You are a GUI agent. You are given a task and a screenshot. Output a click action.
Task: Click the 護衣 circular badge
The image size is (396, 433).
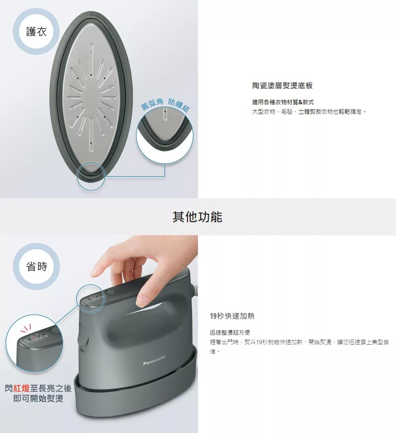[x=36, y=31]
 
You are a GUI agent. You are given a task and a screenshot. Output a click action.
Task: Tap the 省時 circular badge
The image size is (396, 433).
[x=36, y=266]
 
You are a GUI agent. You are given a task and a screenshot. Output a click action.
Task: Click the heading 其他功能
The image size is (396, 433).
[x=198, y=216]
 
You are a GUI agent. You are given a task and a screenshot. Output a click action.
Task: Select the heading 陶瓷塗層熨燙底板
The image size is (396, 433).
[x=282, y=86]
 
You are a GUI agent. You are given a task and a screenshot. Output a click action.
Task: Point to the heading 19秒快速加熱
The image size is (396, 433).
[x=232, y=316]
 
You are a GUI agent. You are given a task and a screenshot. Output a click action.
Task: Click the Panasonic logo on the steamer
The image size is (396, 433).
[x=154, y=360]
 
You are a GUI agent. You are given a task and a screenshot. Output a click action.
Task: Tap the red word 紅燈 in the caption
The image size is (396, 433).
[x=21, y=388]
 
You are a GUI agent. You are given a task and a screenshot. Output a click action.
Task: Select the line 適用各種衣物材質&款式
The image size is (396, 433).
[x=283, y=102]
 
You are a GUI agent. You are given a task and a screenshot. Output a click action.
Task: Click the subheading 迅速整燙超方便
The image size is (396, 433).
[x=230, y=332]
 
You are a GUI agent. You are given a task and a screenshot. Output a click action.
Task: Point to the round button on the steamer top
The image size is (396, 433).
[x=110, y=293]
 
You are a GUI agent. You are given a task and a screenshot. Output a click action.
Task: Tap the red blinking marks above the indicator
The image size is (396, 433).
[x=26, y=328]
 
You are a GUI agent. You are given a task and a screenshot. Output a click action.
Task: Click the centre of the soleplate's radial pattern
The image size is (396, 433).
[x=91, y=97]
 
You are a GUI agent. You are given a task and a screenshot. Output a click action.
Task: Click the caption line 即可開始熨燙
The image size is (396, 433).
[x=38, y=398]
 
